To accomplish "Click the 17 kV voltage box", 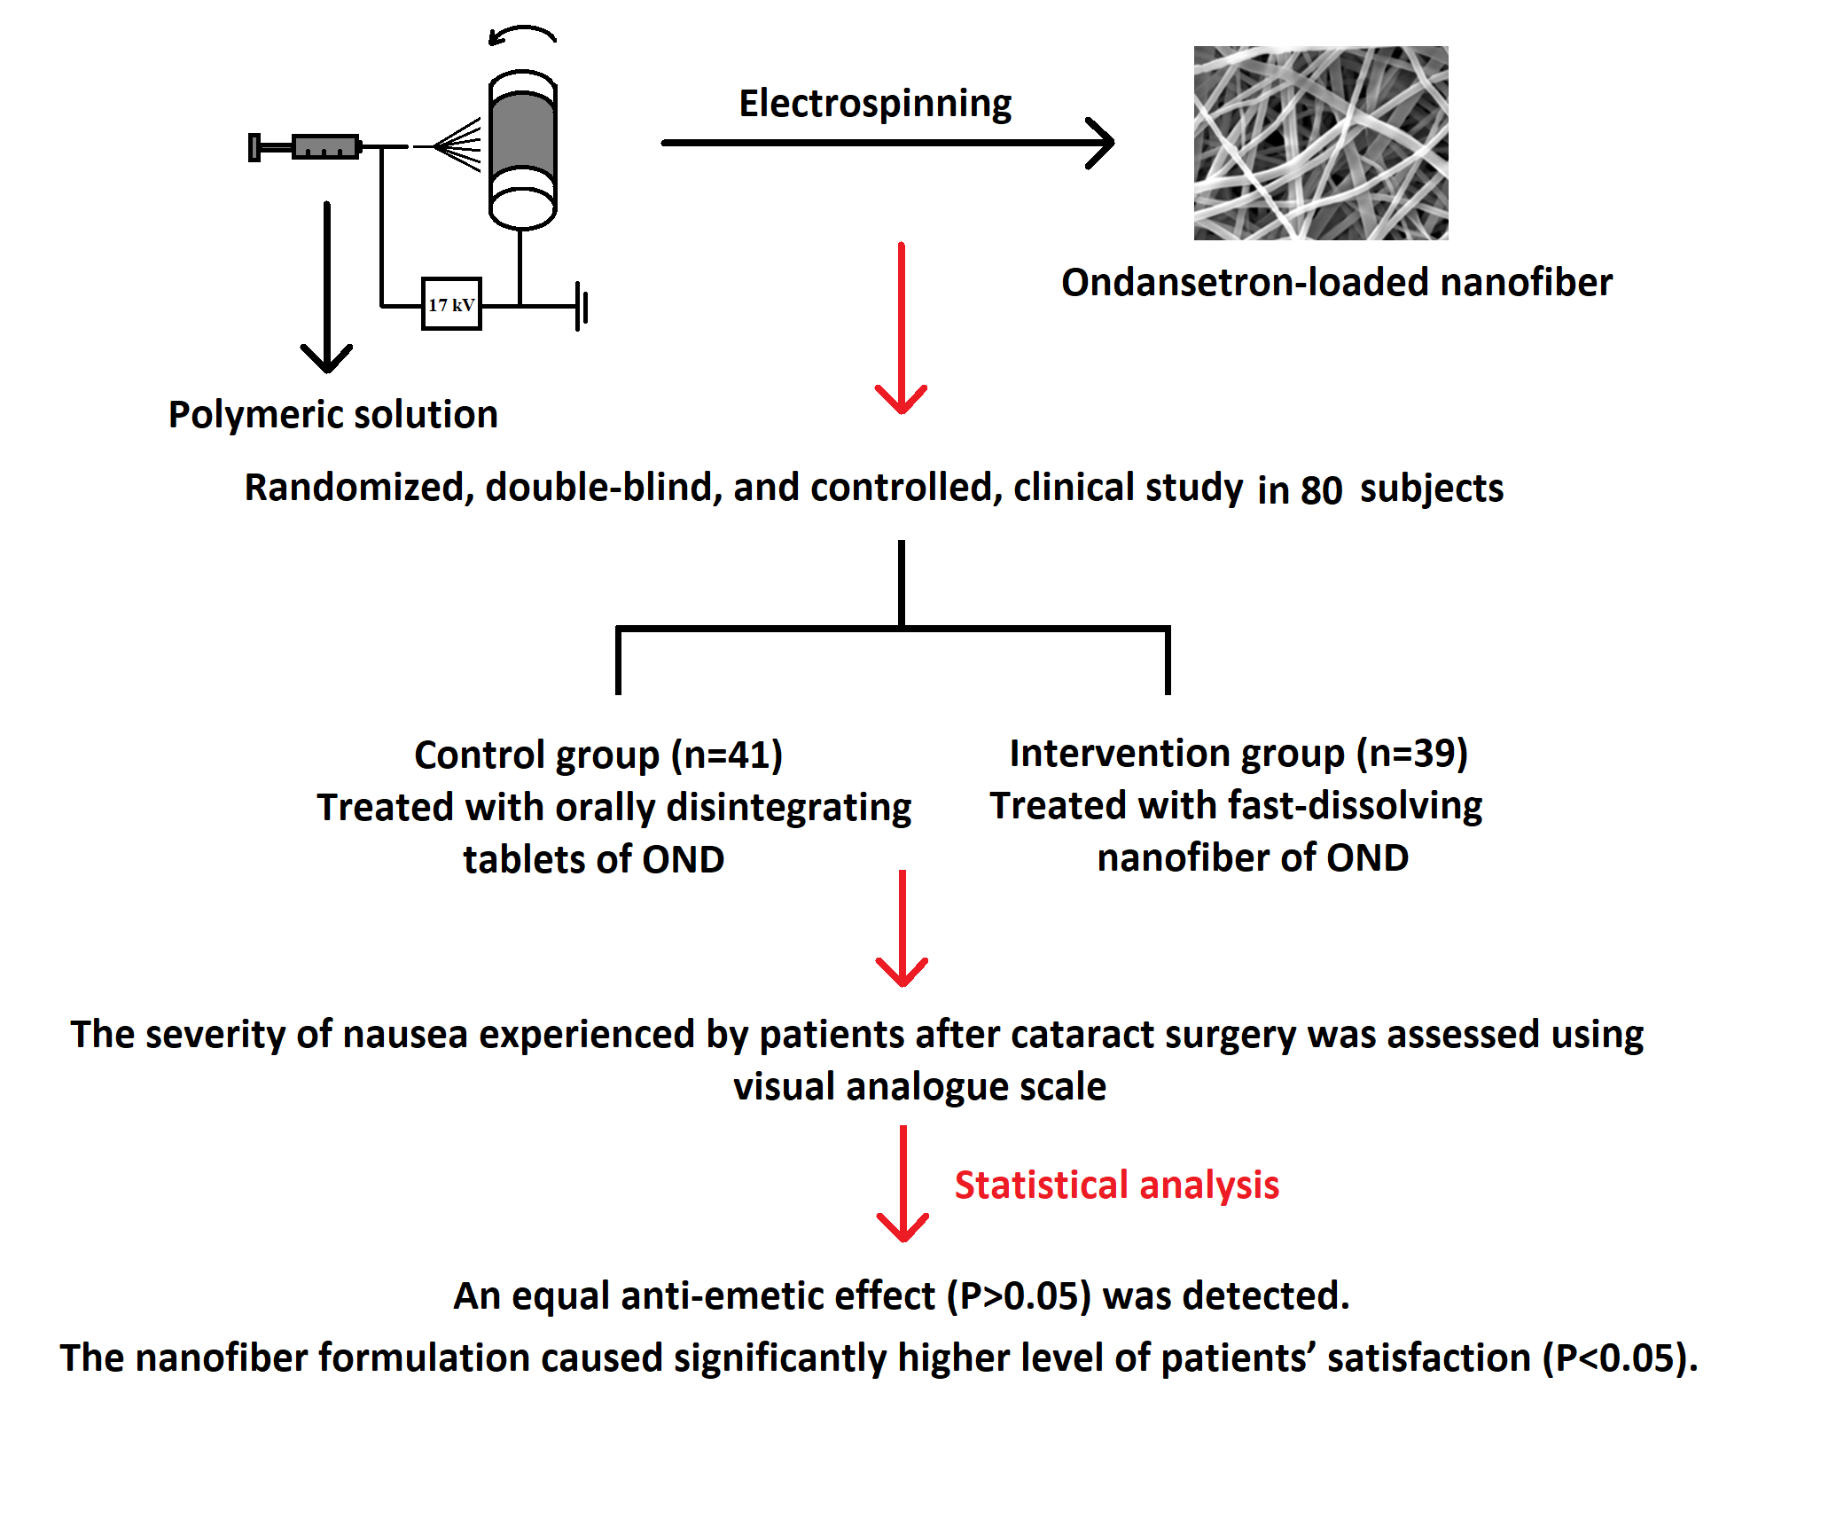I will point(451,304).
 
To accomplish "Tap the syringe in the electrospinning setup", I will point(306,146).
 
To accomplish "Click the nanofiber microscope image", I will point(1320,143).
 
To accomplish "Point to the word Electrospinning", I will point(875,104).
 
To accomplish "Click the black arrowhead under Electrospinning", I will point(1102,143).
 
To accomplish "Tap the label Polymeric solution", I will point(333,414).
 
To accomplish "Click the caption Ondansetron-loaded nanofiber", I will point(1336,283).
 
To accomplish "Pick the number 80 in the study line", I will point(1321,490).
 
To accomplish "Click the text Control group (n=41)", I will point(598,755).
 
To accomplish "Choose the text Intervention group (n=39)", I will point(1238,753).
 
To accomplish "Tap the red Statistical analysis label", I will point(1116,1185).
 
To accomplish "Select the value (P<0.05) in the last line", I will point(1617,1358).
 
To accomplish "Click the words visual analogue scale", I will point(919,1086).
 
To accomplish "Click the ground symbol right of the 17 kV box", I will point(581,307).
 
